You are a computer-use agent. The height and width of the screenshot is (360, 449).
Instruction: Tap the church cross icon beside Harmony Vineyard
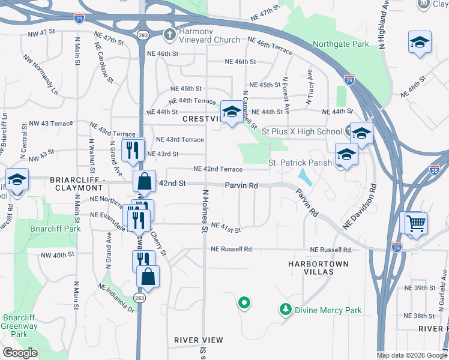(170, 35)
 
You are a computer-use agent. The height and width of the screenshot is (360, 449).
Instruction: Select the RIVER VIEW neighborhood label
(199, 340)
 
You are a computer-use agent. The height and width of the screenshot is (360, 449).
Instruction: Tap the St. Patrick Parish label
(300, 163)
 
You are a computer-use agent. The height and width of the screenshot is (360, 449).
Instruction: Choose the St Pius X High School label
(301, 131)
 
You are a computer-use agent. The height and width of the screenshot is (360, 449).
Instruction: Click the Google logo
(20, 353)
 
